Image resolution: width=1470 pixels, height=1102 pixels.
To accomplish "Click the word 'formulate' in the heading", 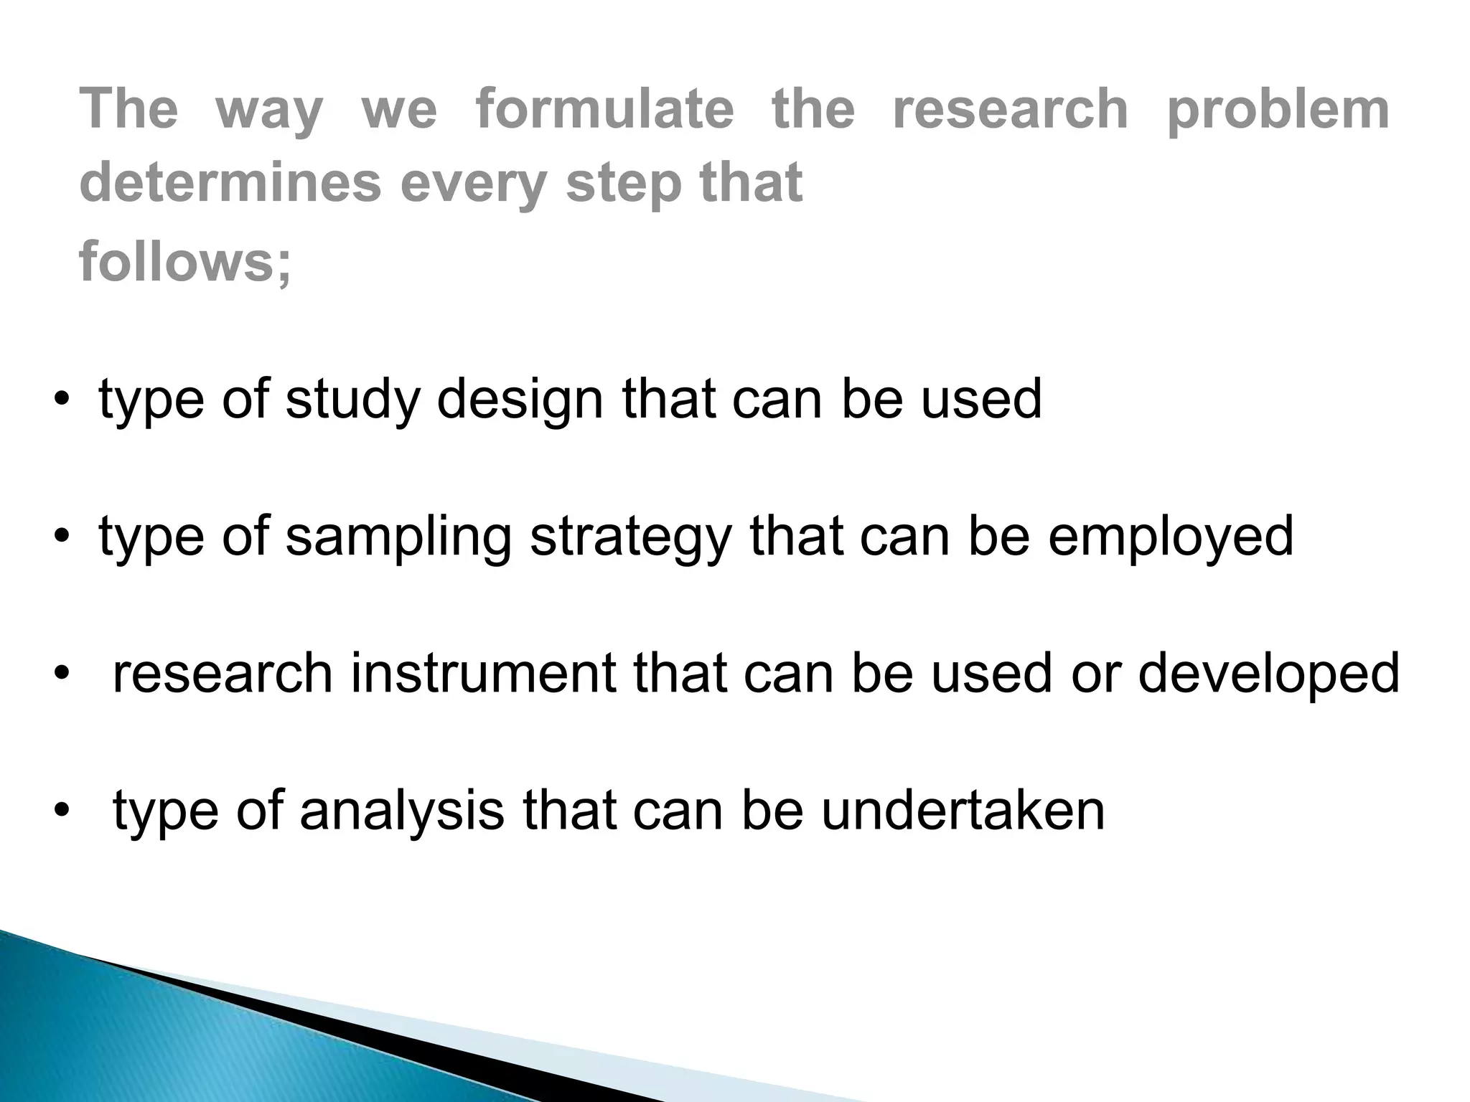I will [604, 109].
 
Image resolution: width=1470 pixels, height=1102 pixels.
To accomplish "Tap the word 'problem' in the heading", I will [1278, 110].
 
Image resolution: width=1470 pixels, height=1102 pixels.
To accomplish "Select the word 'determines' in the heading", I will [230, 182].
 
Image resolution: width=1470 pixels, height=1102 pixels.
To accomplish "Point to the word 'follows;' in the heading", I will [185, 262].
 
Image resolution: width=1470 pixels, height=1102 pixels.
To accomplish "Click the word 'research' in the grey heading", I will [1011, 109].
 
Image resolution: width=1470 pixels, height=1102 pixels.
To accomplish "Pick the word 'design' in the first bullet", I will [520, 400].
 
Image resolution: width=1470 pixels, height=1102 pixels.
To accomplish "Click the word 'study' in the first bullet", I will [352, 400].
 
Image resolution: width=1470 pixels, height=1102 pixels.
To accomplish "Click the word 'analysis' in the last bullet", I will [401, 811].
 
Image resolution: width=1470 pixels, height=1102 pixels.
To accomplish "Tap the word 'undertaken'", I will [963, 811].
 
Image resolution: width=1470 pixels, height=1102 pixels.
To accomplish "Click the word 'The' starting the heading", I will [128, 109].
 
